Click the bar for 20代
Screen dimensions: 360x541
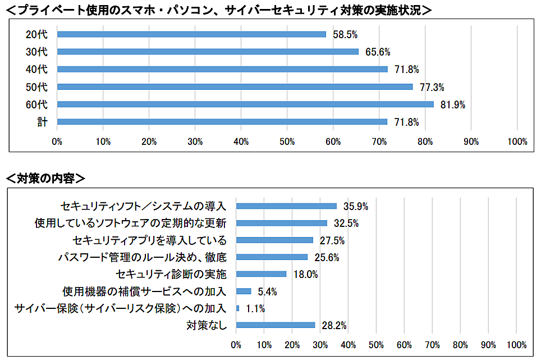pos(191,34)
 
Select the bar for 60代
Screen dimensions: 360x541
pos(245,104)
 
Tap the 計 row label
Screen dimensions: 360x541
pos(43,122)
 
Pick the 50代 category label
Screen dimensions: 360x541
pos(37,87)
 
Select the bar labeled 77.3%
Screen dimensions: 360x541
pos(235,87)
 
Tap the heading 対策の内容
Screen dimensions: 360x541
pos(45,179)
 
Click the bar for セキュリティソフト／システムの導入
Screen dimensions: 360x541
pos(286,206)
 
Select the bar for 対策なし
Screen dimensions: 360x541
pos(276,325)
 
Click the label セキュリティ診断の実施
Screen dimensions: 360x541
pos(171,275)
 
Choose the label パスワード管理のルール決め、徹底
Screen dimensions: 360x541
pos(143,257)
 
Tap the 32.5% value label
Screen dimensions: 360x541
pos(346,224)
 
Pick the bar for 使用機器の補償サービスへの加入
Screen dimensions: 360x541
pos(244,291)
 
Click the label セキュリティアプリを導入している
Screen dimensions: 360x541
pos(149,240)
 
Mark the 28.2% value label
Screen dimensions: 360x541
pos(333,325)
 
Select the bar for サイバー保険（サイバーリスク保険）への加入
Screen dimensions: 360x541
pos(238,308)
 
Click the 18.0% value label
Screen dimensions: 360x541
pos(305,275)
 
